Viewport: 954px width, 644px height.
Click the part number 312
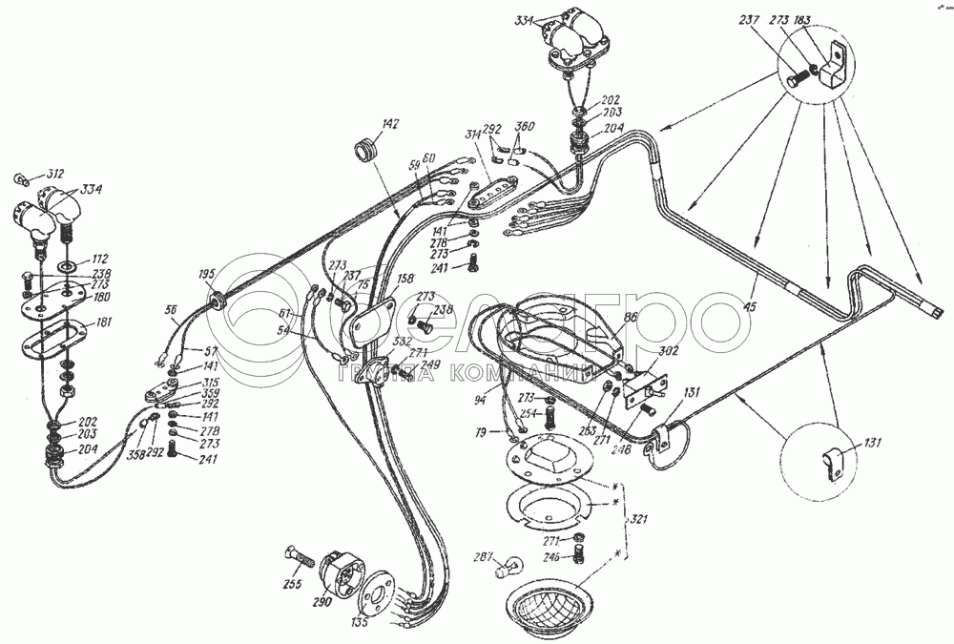click(54, 174)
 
